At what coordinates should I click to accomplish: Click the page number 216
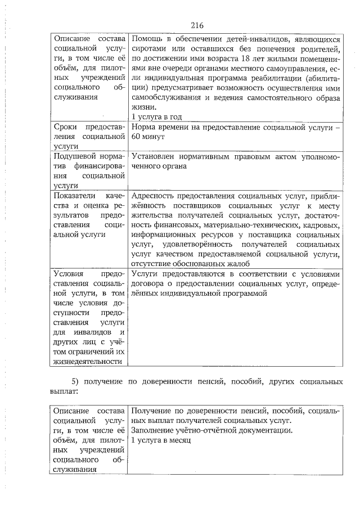tap(197, 25)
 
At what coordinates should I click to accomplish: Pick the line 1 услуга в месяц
tap(160, 440)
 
